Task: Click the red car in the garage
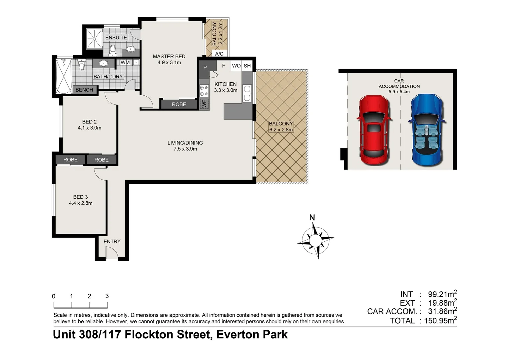374,130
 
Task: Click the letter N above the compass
312,218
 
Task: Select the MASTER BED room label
169,57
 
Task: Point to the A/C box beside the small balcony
219,54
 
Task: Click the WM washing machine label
125,62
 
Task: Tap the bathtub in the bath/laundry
64,76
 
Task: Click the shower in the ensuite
95,39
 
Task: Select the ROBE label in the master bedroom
179,104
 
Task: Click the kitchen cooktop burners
204,91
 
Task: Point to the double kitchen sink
247,93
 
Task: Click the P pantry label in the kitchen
205,68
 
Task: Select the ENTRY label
112,241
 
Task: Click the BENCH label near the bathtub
84,90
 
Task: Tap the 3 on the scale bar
107,296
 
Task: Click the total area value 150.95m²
440,321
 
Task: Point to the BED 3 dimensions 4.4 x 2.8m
81,203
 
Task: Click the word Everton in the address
236,334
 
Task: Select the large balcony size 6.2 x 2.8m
281,130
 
